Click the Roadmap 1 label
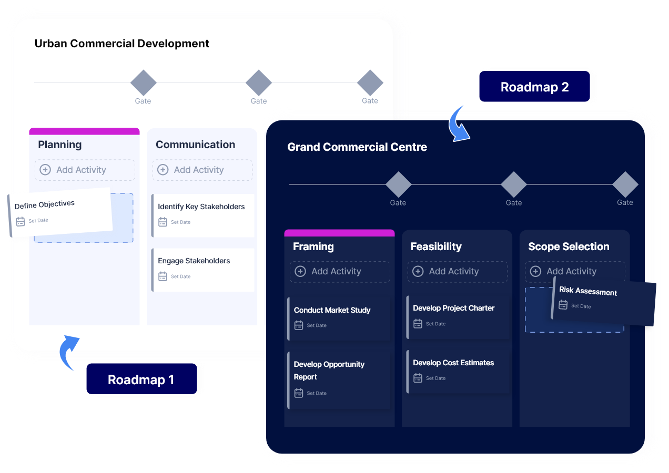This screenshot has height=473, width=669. click(x=141, y=379)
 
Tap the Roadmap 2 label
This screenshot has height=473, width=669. click(x=534, y=87)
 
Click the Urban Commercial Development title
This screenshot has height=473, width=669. click(x=121, y=44)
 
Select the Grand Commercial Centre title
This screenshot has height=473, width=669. click(x=357, y=147)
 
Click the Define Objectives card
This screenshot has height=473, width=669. click(x=60, y=212)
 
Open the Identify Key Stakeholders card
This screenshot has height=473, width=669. click(x=202, y=214)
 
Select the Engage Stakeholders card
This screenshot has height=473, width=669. click(x=202, y=269)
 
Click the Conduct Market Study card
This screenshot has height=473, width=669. click(x=339, y=317)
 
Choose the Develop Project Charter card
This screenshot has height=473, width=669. click(x=458, y=315)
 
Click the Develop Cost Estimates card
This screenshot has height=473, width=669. click(x=458, y=370)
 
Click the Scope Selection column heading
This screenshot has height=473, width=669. click(x=569, y=246)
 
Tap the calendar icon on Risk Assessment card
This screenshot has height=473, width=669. click(x=563, y=305)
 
